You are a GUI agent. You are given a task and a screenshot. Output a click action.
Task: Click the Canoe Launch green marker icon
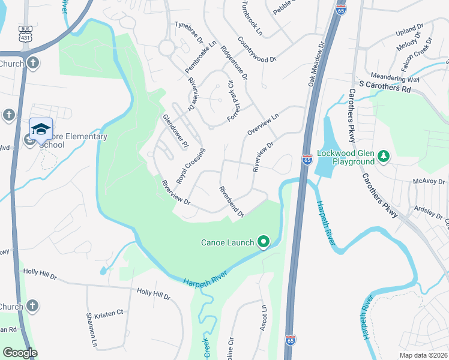click(263, 242)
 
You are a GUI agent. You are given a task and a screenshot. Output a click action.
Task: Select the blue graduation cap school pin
click(41, 130)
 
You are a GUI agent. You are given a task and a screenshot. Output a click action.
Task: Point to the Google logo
click(19, 353)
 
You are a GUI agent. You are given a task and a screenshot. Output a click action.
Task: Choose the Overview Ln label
click(263, 125)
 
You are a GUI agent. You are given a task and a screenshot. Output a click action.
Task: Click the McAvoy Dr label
click(429, 180)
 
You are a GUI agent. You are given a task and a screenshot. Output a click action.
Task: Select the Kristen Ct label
click(112, 313)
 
